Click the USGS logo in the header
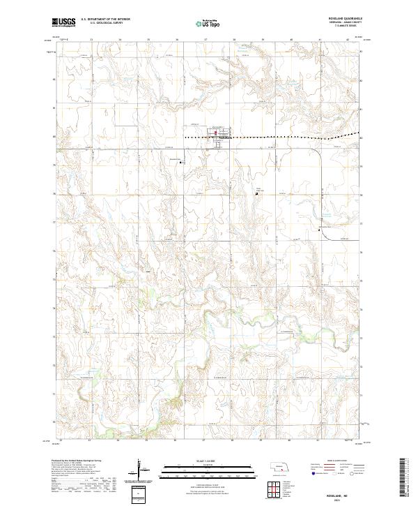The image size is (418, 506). tap(64, 22)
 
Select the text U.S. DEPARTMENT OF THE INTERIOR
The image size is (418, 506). tap(104, 20)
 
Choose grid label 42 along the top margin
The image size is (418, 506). tap(348, 40)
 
